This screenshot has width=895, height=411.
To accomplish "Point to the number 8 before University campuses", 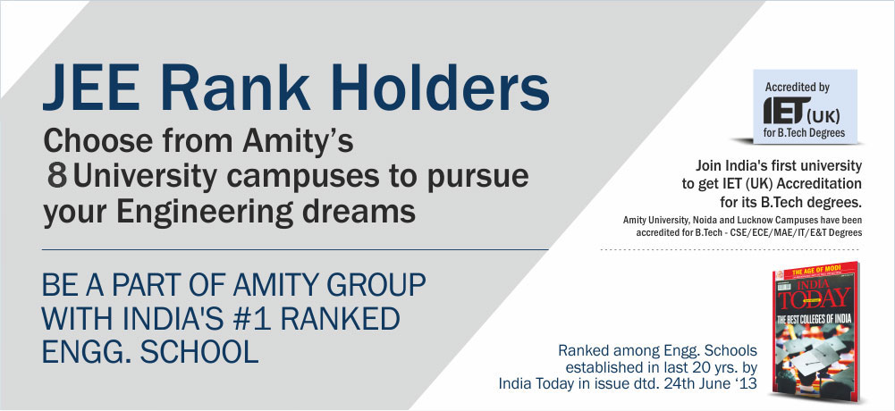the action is (57, 177).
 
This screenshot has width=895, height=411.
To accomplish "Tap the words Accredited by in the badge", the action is (797, 88).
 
